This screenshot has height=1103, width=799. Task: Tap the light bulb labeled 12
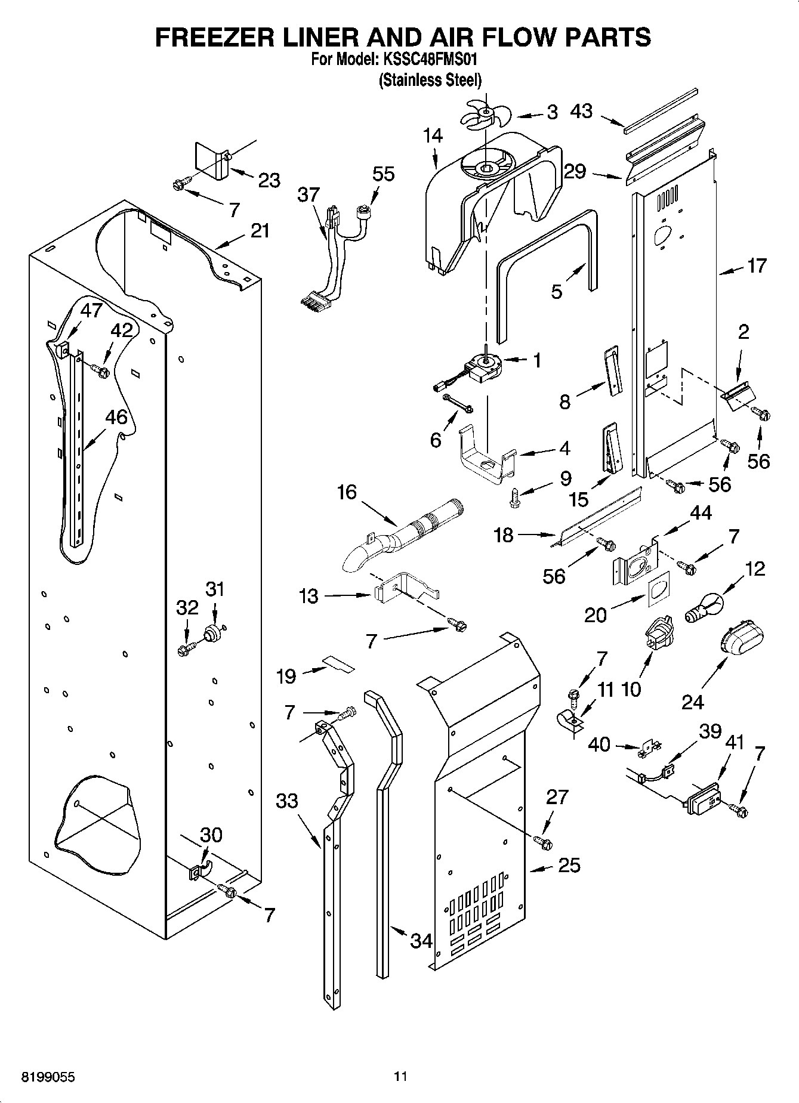[704, 605]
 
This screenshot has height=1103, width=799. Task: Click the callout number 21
[260, 231]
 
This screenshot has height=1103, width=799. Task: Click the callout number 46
[116, 417]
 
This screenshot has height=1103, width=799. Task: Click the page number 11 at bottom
[400, 1077]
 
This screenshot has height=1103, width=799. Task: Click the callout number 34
[421, 941]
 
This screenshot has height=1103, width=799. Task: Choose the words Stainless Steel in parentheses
[430, 80]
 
